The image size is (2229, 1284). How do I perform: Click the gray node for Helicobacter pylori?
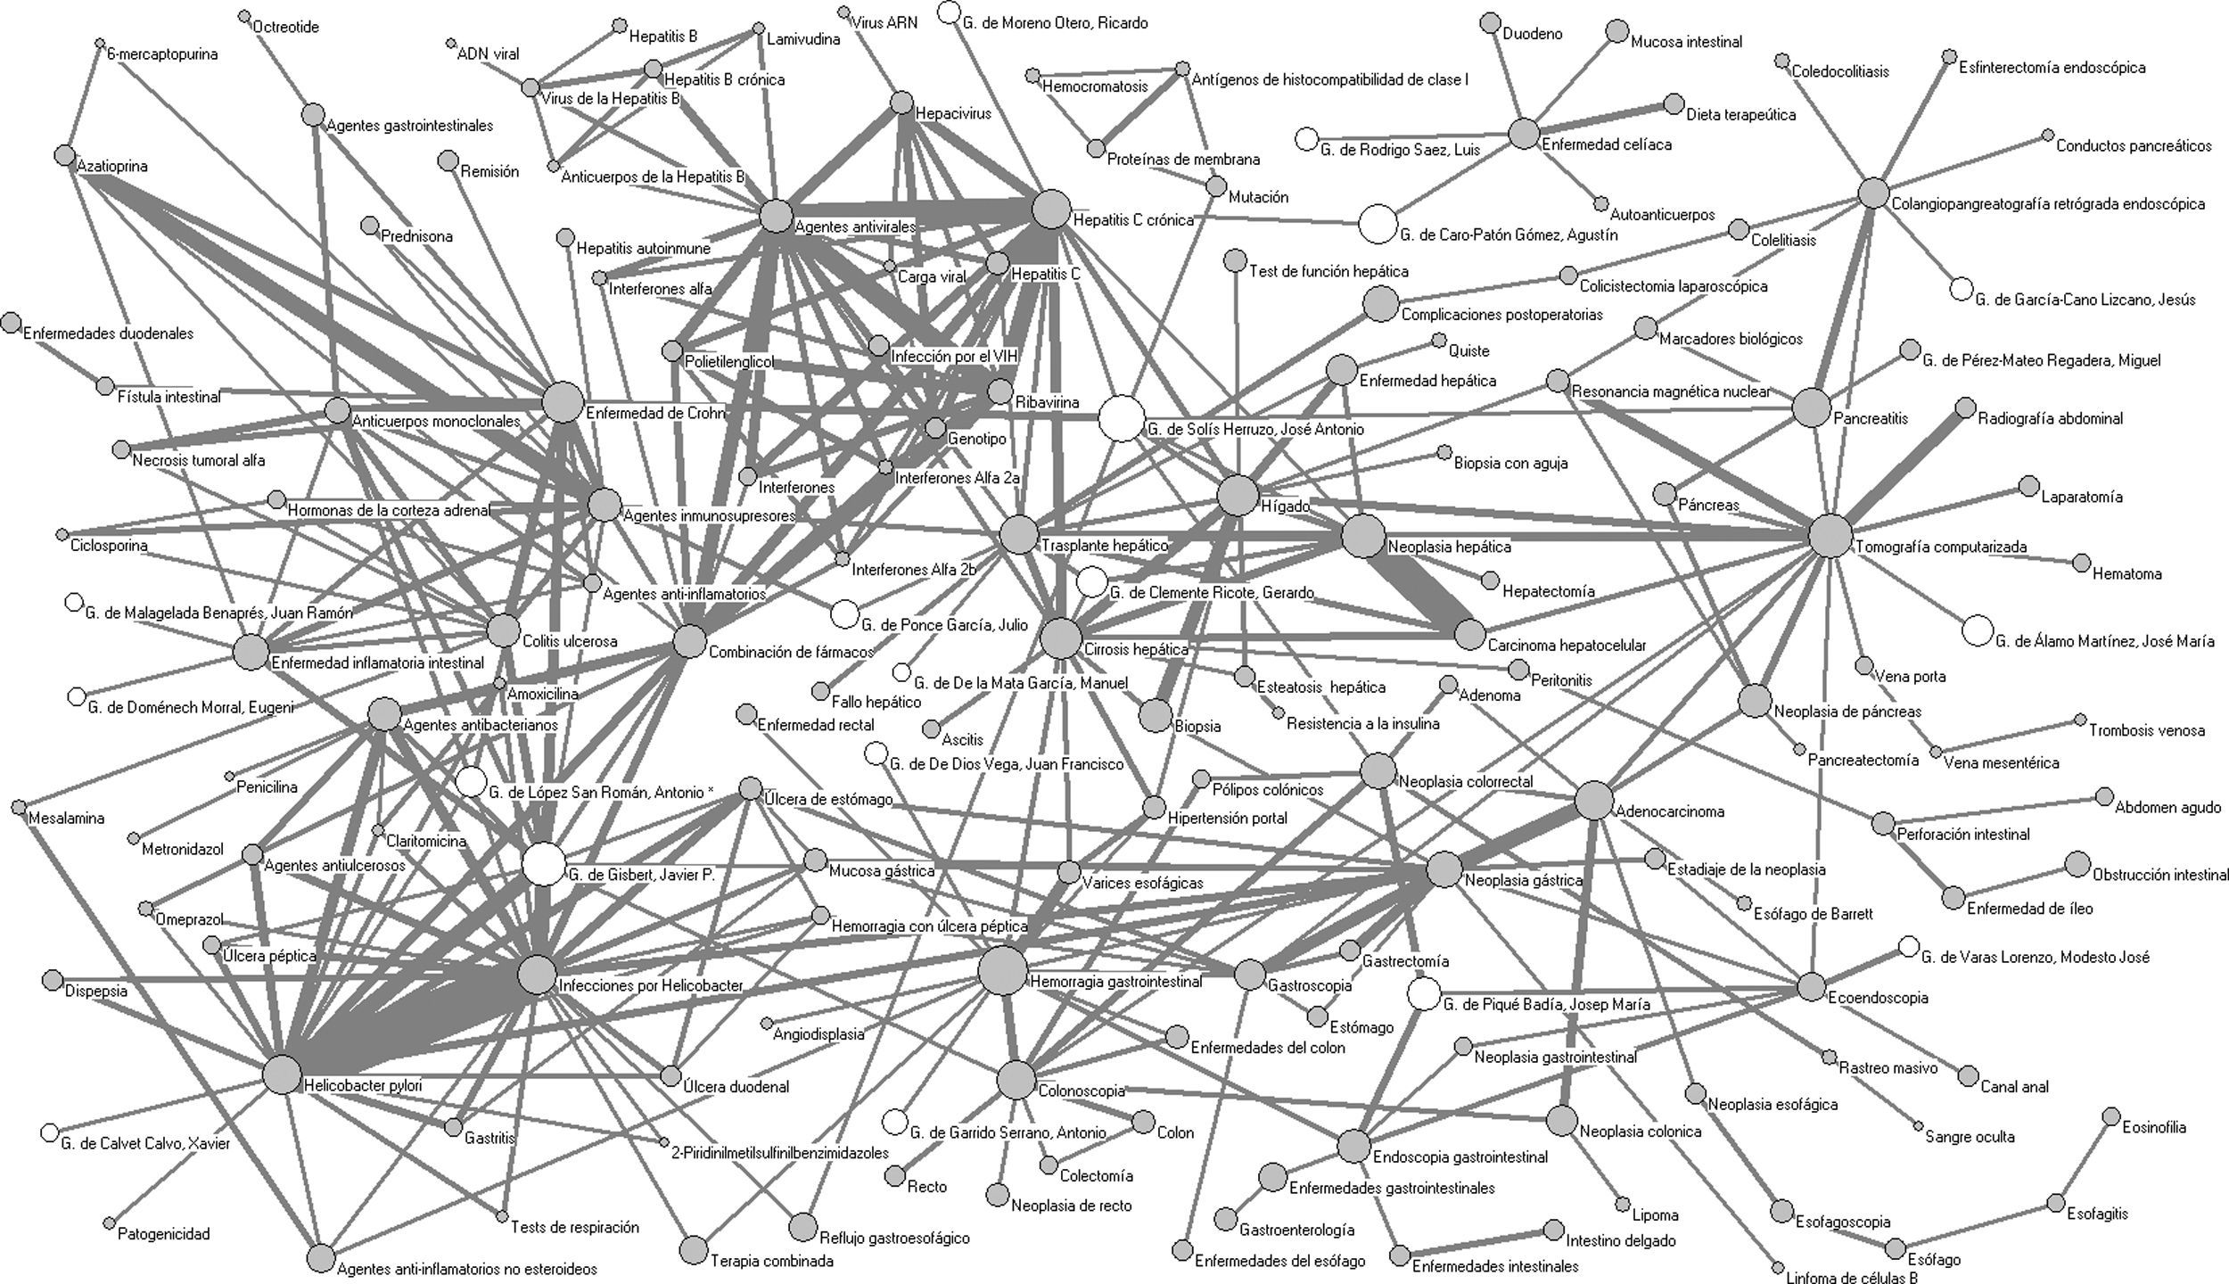click(282, 1075)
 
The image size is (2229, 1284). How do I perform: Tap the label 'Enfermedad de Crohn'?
click(655, 414)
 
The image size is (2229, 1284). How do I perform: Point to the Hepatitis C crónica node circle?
click(1050, 210)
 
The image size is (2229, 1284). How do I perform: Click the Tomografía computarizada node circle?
click(1830, 536)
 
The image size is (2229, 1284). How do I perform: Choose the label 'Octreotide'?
click(285, 28)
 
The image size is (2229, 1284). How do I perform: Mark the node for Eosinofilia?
click(2110, 1116)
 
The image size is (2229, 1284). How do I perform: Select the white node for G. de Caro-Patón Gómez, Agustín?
click(1378, 224)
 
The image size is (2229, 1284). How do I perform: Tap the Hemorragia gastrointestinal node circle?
click(1002, 970)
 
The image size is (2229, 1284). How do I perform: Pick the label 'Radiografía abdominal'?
click(2050, 418)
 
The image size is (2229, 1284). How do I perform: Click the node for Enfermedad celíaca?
click(1524, 134)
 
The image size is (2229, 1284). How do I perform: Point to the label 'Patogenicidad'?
click(163, 1235)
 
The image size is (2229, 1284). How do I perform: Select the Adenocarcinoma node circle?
click(1594, 801)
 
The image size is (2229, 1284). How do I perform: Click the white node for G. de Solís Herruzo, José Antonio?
click(1120, 418)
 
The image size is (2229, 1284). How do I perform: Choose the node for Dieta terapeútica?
click(1674, 104)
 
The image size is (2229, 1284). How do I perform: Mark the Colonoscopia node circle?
click(1016, 1081)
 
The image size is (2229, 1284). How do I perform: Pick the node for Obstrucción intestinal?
click(2077, 864)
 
